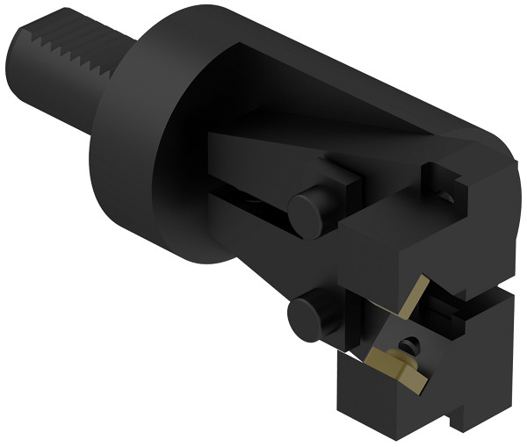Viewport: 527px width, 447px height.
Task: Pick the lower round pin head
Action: (307, 317)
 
